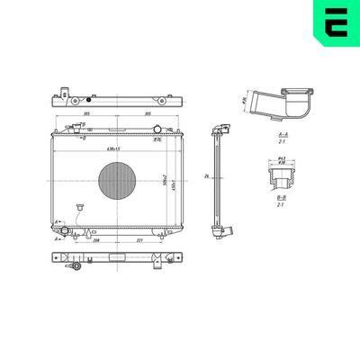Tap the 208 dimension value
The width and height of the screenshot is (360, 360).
95,240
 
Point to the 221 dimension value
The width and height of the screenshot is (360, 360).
140,240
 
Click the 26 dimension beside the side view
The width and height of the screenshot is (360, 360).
207,175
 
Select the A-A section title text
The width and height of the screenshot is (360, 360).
282,134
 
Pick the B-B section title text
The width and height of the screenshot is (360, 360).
282,196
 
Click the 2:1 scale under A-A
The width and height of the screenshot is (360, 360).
282,142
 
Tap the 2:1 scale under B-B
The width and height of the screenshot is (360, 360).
282,204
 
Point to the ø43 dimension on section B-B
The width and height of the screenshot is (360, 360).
282,159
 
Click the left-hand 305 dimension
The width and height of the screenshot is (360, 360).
84,114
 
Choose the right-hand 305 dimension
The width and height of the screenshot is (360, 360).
146,114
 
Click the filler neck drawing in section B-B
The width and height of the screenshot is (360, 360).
282,175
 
